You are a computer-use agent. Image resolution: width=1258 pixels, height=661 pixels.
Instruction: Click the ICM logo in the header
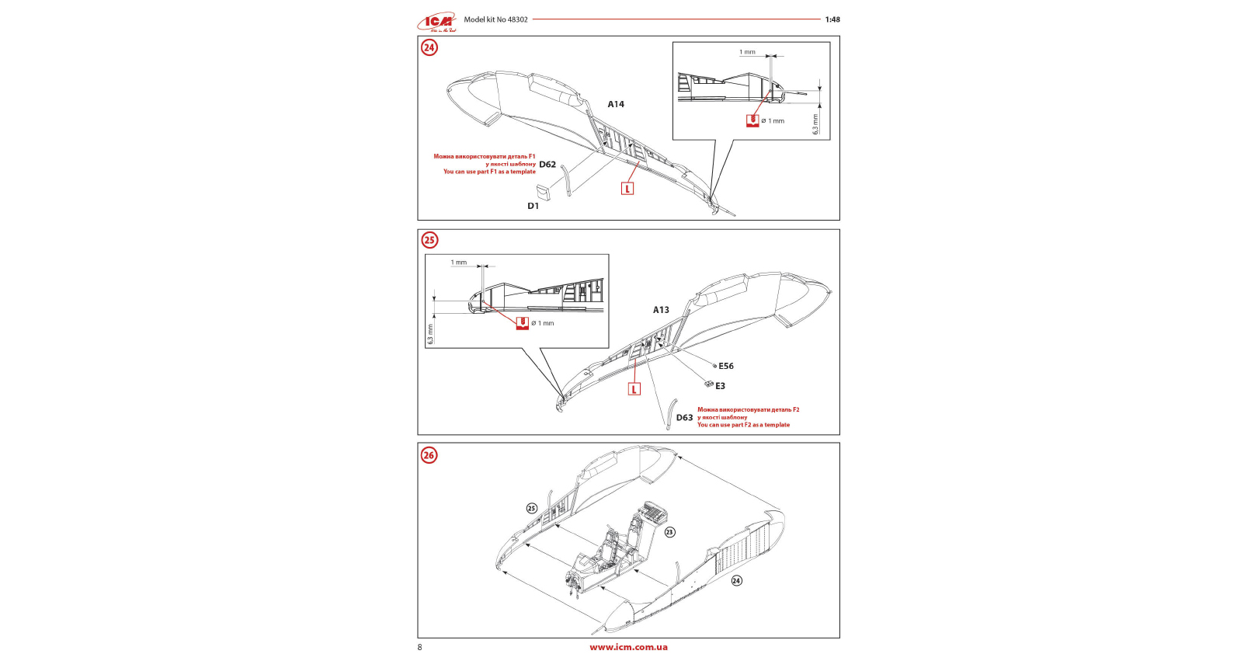pyautogui.click(x=436, y=23)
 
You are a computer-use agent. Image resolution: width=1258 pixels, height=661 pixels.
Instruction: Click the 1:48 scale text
pyautogui.click(x=832, y=19)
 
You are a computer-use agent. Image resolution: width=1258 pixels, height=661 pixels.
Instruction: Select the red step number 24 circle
pyautogui.click(x=429, y=47)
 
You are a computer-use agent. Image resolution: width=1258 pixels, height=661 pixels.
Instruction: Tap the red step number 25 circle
pyautogui.click(x=429, y=240)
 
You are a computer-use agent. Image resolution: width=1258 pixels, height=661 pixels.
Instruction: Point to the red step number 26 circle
pyautogui.click(x=429, y=455)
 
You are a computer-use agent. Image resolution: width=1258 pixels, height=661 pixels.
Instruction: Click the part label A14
pyautogui.click(x=616, y=104)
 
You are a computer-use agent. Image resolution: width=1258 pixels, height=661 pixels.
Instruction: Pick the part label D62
pyautogui.click(x=547, y=165)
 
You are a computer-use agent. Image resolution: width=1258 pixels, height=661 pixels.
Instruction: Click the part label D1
pyautogui.click(x=533, y=206)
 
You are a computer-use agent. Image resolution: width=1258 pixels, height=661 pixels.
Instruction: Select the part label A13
pyautogui.click(x=661, y=310)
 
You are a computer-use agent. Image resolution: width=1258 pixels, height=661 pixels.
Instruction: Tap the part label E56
pyautogui.click(x=726, y=366)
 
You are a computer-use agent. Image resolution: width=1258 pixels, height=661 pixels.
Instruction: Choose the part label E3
pyautogui.click(x=721, y=386)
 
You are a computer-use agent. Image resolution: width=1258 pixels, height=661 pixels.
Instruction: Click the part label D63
pyautogui.click(x=684, y=418)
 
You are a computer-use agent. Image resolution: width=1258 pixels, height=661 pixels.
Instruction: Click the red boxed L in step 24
pyautogui.click(x=627, y=189)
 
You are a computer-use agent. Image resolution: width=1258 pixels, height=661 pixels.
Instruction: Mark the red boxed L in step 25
pyautogui.click(x=634, y=389)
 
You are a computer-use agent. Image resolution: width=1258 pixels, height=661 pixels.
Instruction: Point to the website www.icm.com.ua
pyautogui.click(x=628, y=647)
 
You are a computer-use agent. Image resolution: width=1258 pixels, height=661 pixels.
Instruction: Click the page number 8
pyautogui.click(x=420, y=647)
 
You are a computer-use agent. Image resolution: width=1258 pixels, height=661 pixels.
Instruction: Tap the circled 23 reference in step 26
pyautogui.click(x=669, y=532)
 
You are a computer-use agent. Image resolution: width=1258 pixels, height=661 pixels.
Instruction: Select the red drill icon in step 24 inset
pyautogui.click(x=752, y=121)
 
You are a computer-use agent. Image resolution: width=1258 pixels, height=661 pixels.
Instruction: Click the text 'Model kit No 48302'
pyautogui.click(x=495, y=19)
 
